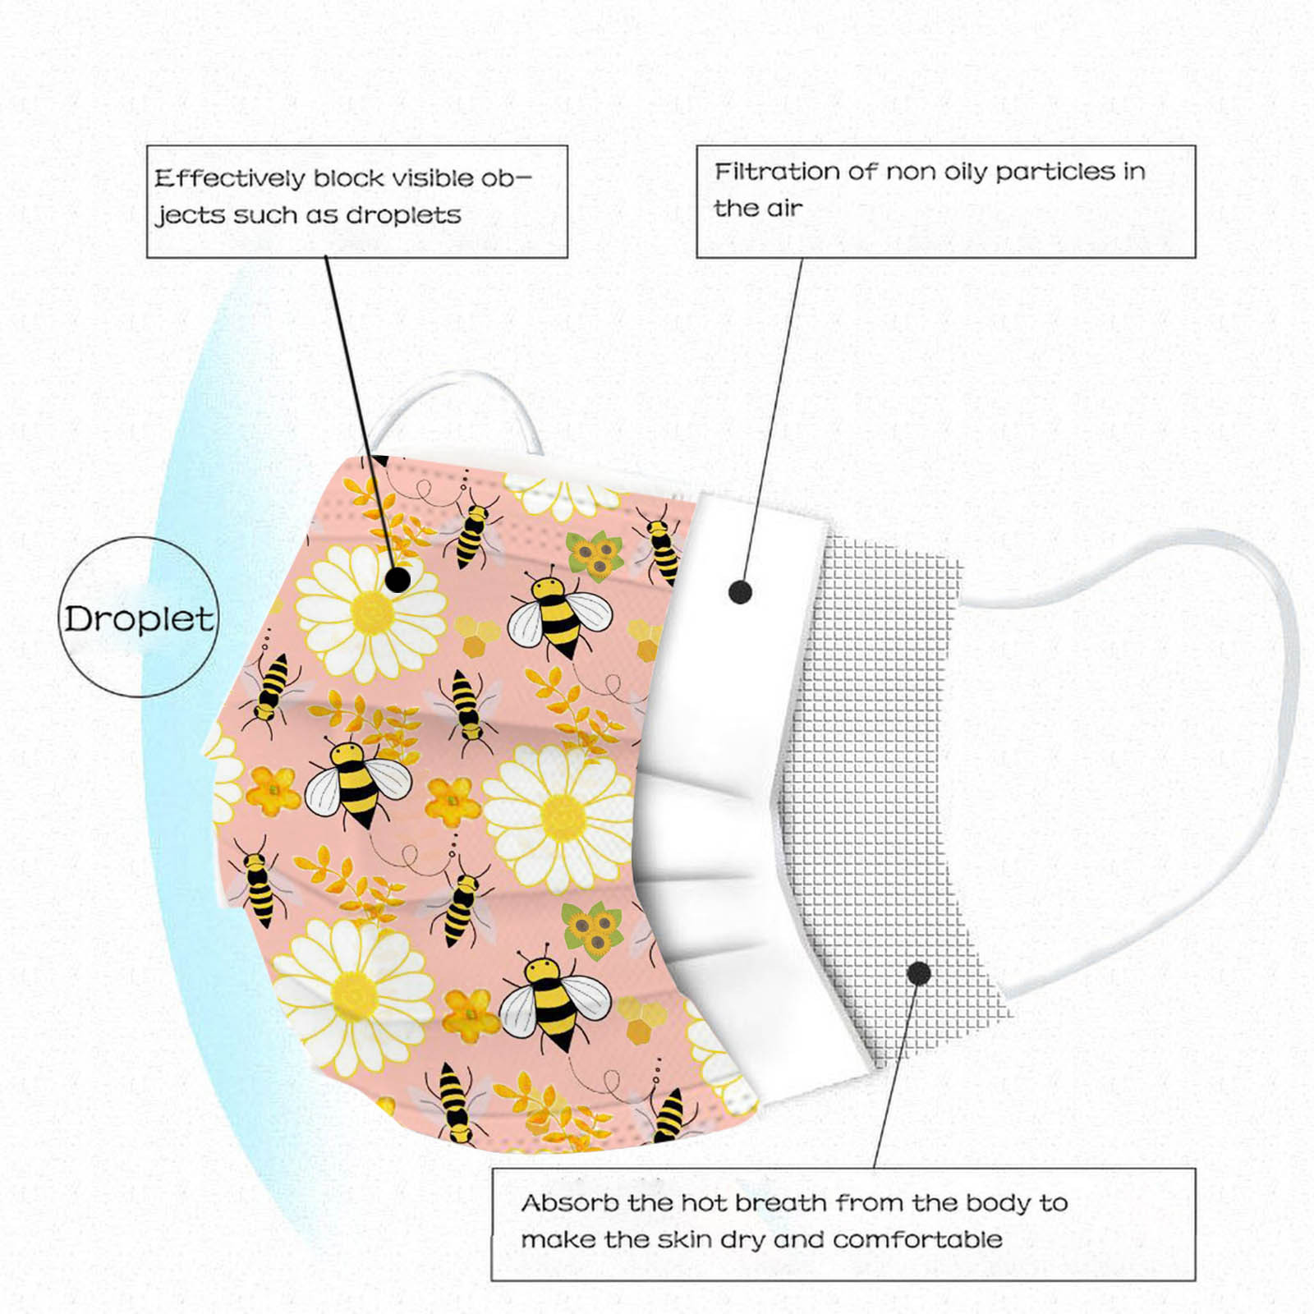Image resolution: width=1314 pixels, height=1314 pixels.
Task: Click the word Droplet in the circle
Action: [x=139, y=619]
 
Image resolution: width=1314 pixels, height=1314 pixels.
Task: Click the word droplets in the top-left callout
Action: [x=403, y=215]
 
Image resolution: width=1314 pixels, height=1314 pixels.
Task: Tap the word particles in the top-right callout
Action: [x=1055, y=172]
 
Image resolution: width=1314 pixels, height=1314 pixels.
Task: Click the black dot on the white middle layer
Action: [x=740, y=591]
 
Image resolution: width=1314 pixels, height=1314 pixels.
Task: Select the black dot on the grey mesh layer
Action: [x=919, y=974]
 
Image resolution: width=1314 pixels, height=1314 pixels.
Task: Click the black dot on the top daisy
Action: [x=397, y=580]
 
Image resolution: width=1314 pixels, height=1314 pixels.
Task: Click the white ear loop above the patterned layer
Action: [x=457, y=411]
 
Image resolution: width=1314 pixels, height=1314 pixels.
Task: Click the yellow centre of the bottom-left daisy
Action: [x=356, y=995]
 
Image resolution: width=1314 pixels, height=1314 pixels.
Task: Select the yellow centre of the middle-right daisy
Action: [x=562, y=818]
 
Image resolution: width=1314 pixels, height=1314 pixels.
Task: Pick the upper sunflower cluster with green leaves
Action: [x=595, y=556]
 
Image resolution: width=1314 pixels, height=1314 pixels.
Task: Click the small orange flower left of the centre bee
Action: [x=273, y=790]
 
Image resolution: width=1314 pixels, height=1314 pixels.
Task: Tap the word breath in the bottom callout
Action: [x=781, y=1203]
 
